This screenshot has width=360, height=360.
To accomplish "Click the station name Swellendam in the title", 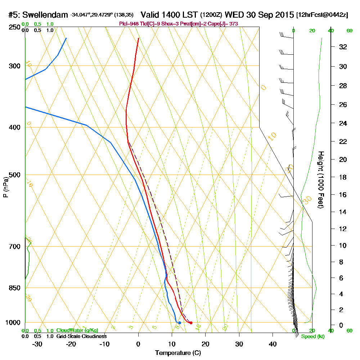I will (46, 15).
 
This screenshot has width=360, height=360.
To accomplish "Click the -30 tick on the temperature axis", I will (37, 344).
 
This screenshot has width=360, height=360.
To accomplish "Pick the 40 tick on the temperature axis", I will (273, 344).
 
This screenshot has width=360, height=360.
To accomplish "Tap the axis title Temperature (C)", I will (178, 353).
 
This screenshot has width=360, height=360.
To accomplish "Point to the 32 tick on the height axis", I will (343, 47).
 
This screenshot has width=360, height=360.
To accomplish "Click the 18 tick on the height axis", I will (343, 177).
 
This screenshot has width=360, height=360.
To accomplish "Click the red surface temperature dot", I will (191, 323).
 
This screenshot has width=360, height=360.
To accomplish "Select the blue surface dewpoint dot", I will (179, 323).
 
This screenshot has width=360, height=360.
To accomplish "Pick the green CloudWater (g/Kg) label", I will (77, 330).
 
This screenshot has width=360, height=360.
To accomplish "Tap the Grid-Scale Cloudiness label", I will (81, 336).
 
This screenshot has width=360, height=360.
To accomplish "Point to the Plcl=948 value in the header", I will (129, 23).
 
